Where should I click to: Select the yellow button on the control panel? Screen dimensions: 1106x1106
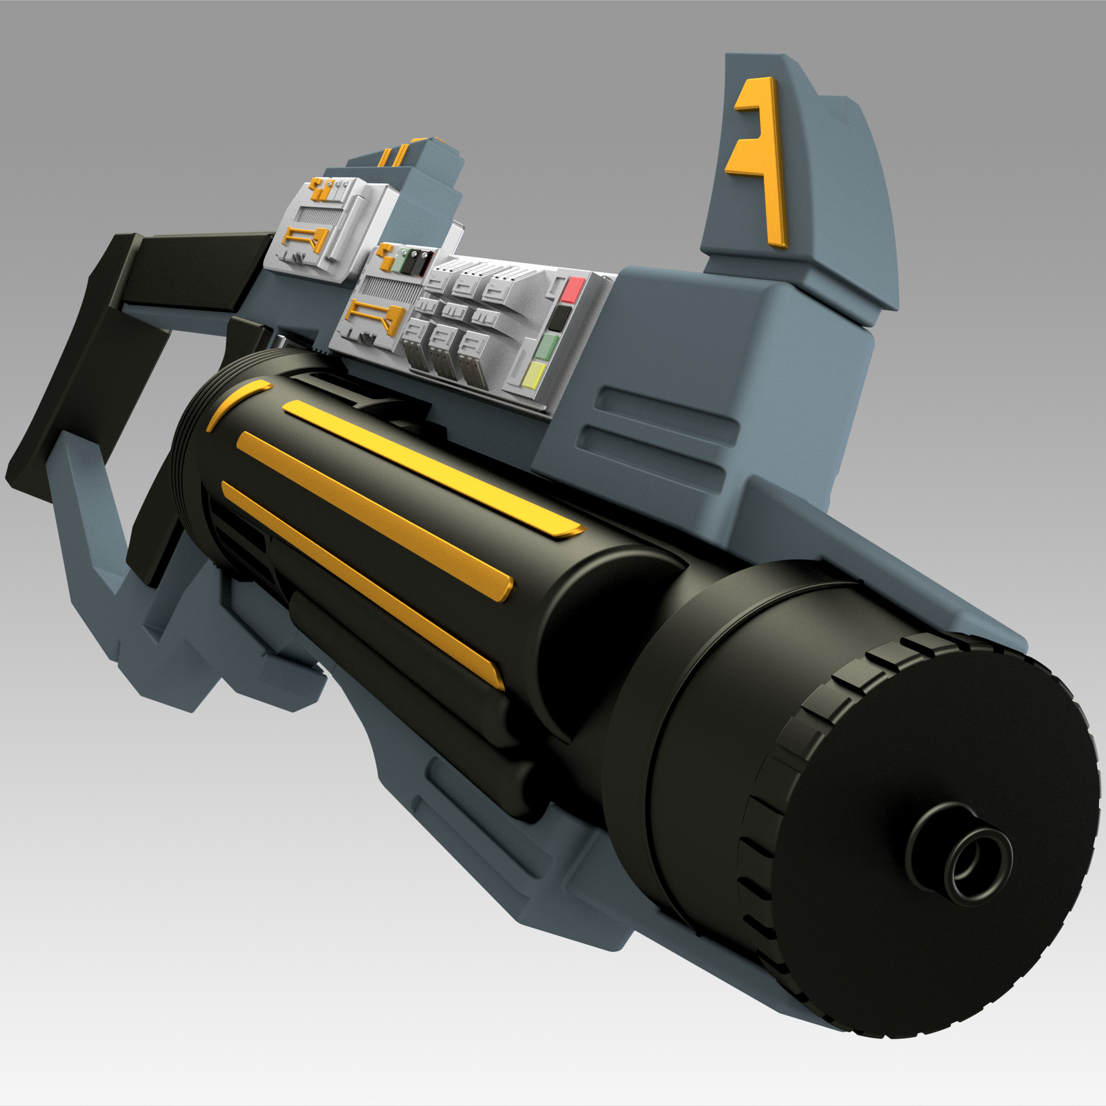[x=533, y=375]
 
